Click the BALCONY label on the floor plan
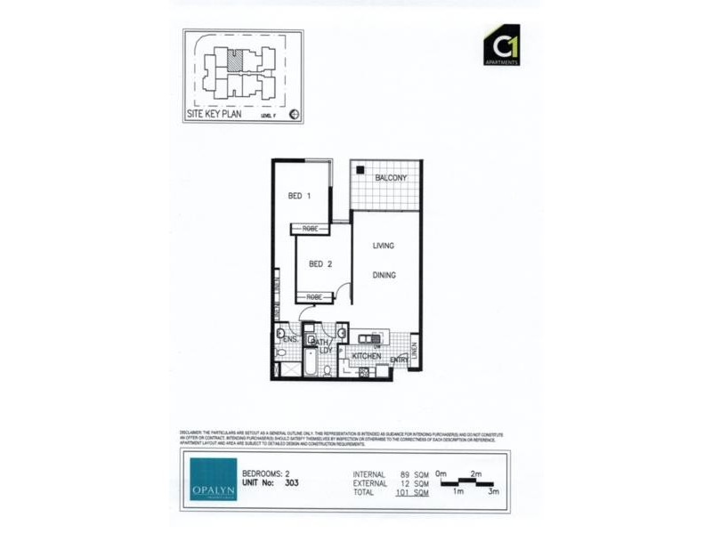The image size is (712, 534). tap(392, 178)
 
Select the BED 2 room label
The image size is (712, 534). tap(320, 264)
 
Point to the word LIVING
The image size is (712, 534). tap(384, 246)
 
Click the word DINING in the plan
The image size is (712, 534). tap(384, 276)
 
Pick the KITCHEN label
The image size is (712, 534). tap(367, 357)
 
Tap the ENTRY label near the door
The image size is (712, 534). tap(400, 360)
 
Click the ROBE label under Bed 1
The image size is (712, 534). tap(311, 230)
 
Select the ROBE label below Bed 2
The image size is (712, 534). tap(316, 297)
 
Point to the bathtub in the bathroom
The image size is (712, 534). tap(311, 362)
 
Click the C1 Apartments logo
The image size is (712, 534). tap(501, 45)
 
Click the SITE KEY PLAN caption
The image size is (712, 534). tap(214, 115)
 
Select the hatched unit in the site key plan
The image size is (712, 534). tap(234, 61)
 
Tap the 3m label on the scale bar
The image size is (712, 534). tap(494, 492)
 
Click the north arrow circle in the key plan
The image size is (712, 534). tap(295, 114)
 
